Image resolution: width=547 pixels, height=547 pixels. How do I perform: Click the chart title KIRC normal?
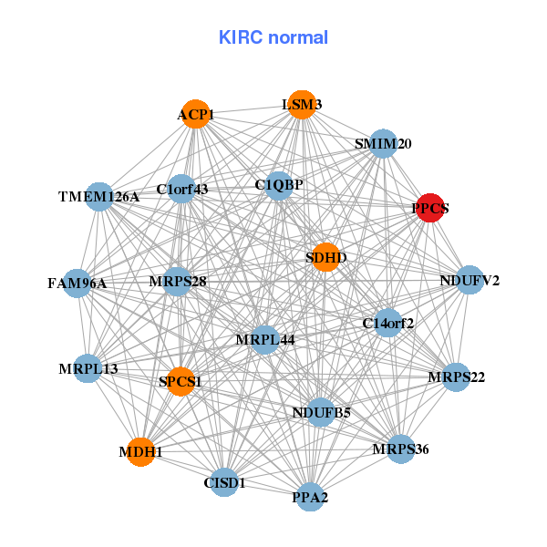point(273,37)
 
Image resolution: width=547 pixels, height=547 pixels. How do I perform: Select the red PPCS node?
point(429,208)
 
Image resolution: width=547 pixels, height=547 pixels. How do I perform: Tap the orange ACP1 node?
point(196,115)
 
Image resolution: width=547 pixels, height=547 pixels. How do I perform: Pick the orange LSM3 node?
point(301,105)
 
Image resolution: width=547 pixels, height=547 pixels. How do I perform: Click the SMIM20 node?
point(384,144)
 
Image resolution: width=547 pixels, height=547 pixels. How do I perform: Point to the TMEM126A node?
point(99,196)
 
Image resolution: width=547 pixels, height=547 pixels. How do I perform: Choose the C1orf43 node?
point(182,190)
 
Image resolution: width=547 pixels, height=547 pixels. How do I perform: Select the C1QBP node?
point(279,185)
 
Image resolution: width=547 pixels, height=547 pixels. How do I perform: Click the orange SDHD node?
point(325,258)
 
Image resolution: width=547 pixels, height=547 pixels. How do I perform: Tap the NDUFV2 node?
point(469,280)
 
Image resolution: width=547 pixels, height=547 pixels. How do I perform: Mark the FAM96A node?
point(77,284)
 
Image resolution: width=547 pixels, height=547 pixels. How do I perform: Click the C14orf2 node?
point(388,323)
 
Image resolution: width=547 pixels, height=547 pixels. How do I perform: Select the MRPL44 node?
point(264,340)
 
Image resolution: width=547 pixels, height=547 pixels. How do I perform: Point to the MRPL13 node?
point(88,368)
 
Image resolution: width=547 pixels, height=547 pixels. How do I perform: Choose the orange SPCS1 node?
point(180,382)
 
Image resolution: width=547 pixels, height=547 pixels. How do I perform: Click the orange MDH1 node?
point(140,451)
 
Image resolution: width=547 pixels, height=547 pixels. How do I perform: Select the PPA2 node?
point(310,497)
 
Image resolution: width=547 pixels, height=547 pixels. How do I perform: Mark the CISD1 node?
point(225,481)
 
